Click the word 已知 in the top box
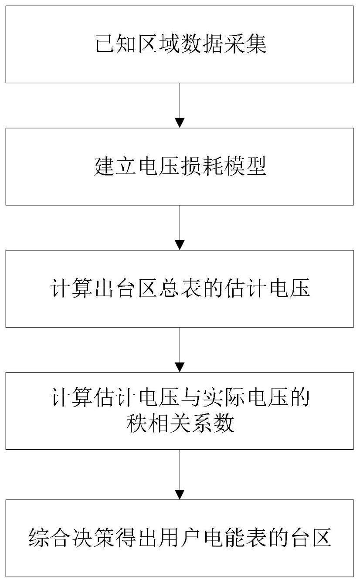pyautogui.click(x=116, y=44)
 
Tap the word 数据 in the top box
pyautogui.click(x=202, y=44)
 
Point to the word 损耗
pyautogui.click(x=201, y=166)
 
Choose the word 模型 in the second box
pyautogui.click(x=245, y=166)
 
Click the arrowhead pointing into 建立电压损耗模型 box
pyautogui.click(x=180, y=123)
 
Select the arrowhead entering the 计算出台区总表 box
pyautogui.click(x=180, y=245)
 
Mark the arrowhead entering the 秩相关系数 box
pyautogui.click(x=180, y=367)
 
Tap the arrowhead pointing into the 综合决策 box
pyautogui.click(x=180, y=494)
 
